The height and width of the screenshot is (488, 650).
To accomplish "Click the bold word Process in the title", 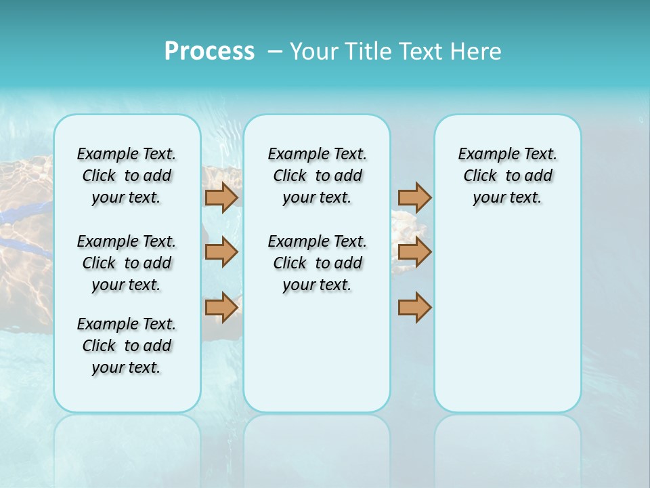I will [209, 51].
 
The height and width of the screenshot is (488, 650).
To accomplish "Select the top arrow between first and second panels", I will [221, 197].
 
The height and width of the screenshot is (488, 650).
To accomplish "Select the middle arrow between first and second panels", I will [221, 252].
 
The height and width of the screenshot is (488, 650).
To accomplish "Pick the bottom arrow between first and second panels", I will [221, 308].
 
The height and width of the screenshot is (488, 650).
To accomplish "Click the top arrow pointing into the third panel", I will [414, 197].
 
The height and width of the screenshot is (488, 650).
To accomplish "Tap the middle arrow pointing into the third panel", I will [414, 252].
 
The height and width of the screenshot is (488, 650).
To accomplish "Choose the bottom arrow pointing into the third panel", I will [414, 308].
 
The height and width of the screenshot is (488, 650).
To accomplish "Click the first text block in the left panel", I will [127, 176].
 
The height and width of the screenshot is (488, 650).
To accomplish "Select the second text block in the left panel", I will [127, 263].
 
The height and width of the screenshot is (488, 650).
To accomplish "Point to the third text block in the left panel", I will [127, 346].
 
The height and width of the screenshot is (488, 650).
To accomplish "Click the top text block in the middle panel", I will [317, 176].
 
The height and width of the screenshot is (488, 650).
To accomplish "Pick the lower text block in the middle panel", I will [317, 263].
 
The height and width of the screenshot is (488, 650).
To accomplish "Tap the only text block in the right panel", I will [507, 176].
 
